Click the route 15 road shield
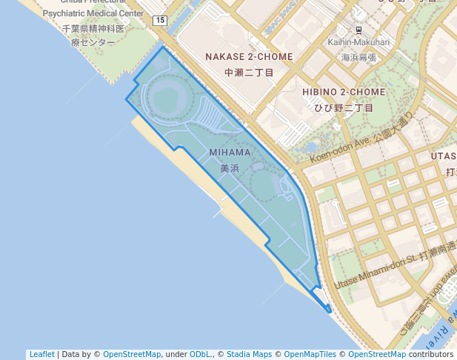coord(161,21)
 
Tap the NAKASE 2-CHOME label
coord(249,57)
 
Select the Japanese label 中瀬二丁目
coord(249,73)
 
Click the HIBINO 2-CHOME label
coord(344,92)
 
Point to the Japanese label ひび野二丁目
coord(344,107)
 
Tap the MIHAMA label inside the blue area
coord(230,153)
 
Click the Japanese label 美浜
coord(230,168)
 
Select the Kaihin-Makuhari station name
coord(358,42)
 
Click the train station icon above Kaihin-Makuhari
coord(358,30)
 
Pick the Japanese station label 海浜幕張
coord(358,57)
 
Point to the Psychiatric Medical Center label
coord(93,13)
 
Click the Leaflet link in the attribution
coord(42,355)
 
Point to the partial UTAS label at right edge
coord(444,156)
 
